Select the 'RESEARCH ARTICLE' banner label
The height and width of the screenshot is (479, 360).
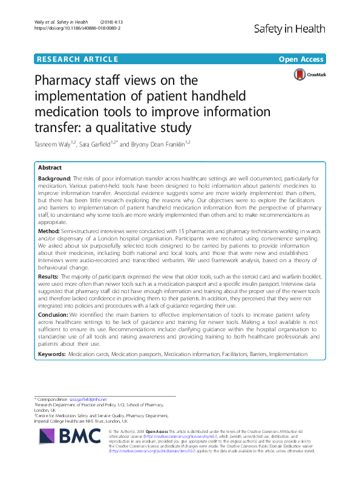point(77,59)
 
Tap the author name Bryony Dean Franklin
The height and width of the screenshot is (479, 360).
point(161,144)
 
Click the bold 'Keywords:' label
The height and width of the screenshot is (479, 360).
point(53,353)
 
